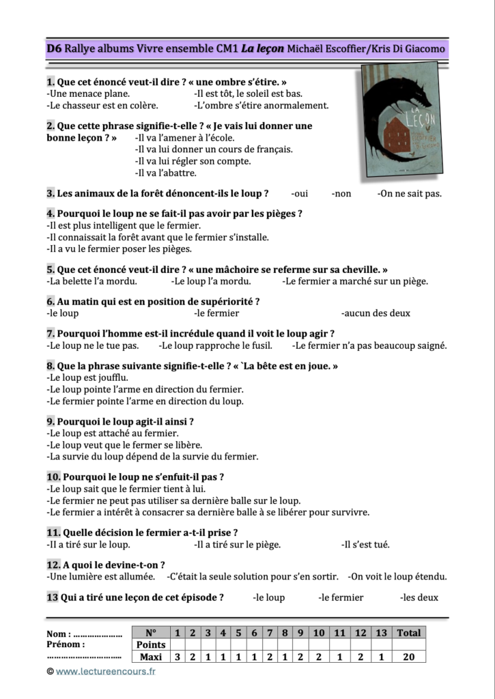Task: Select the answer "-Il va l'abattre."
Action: pyautogui.click(x=166, y=173)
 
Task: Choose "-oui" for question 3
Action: pyautogui.click(x=299, y=193)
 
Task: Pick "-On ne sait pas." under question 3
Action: pyautogui.click(x=409, y=193)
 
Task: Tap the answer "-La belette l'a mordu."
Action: pyautogui.click(x=91, y=281)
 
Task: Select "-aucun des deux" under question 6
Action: pyautogui.click(x=376, y=313)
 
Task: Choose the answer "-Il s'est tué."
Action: pyautogui.click(x=365, y=544)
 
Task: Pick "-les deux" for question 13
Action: pyautogui.click(x=419, y=597)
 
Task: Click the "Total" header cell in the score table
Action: pyautogui.click(x=409, y=633)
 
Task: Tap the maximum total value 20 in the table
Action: pyautogui.click(x=409, y=657)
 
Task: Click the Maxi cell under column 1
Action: pyautogui.click(x=178, y=657)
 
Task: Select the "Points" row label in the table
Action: pyautogui.click(x=151, y=644)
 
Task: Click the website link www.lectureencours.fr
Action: pyautogui.click(x=106, y=671)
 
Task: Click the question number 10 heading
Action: pyautogui.click(x=55, y=476)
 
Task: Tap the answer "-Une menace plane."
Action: pyautogui.click(x=88, y=93)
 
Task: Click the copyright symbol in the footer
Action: pyautogui.click(x=50, y=672)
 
